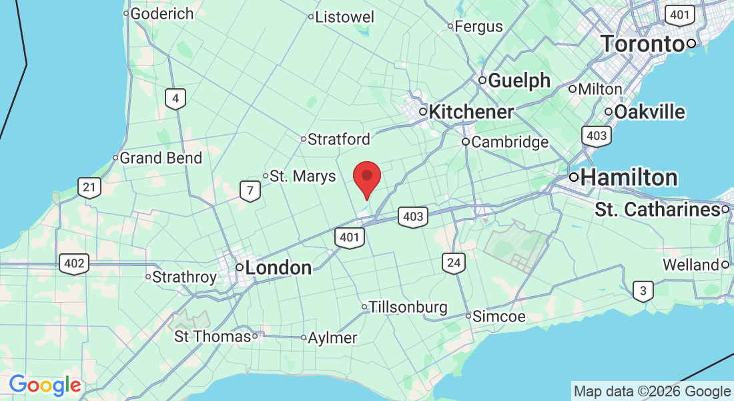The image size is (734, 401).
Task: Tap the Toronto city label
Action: (x=643, y=44)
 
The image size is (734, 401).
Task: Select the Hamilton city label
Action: (x=629, y=178)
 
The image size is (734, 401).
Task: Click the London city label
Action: (x=278, y=268)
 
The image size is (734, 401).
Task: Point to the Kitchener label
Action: (x=471, y=112)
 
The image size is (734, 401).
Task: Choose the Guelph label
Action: (x=520, y=81)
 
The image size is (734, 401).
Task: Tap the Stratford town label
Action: (x=339, y=140)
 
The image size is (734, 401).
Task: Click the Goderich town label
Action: (x=161, y=13)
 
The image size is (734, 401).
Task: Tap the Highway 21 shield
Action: (x=89, y=187)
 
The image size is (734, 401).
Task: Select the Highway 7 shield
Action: (x=250, y=191)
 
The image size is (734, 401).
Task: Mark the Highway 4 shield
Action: (x=175, y=100)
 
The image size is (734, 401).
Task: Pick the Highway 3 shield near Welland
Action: (x=642, y=291)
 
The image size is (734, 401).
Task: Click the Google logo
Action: (x=45, y=386)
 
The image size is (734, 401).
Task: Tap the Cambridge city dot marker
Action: (x=466, y=142)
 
